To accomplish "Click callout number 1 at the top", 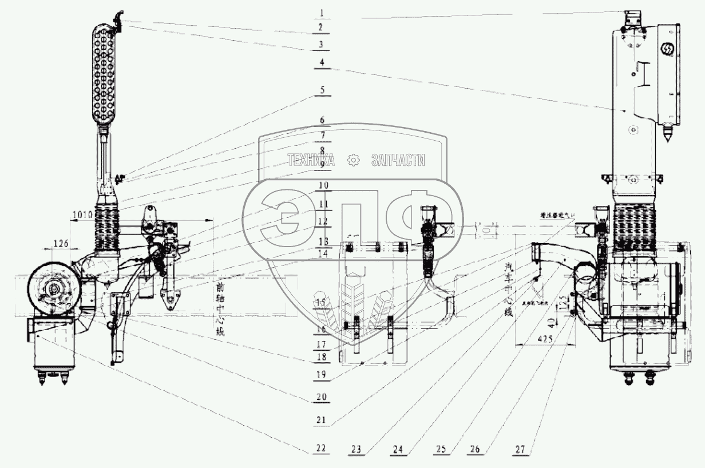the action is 322,12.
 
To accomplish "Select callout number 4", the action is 322,63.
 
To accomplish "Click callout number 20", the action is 322,395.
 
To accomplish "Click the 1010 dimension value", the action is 83,215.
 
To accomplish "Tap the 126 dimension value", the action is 62,243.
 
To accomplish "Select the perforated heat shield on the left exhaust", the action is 106,74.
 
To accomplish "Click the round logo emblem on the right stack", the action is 667,48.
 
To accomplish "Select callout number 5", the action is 322,90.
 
